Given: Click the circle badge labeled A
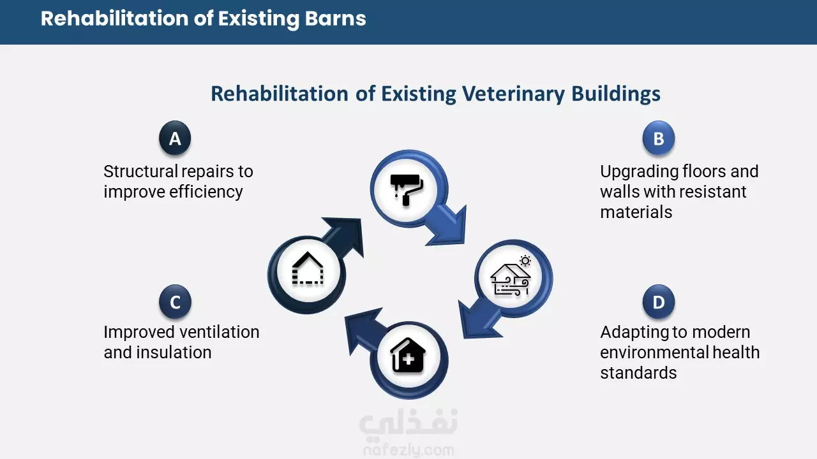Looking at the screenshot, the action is click(175, 138).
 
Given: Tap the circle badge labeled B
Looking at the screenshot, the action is click(659, 138).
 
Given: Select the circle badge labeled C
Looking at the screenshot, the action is click(175, 302).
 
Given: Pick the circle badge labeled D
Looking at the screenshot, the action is click(659, 302).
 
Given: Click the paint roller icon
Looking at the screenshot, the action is click(407, 190).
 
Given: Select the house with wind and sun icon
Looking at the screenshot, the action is click(511, 276).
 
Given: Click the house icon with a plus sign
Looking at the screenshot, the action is click(408, 356).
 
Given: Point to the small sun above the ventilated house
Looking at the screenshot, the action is click(525, 261).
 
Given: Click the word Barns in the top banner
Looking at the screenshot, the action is click(335, 18).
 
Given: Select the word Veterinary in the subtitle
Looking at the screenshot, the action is click(514, 94).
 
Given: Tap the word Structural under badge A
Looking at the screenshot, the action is click(140, 171).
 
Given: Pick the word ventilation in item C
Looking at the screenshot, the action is click(220, 332).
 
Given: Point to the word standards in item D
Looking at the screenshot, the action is click(639, 373).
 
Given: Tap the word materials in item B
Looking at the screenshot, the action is click(636, 212).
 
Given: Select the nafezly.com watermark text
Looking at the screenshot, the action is click(408, 451).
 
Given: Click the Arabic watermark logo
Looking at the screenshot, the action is click(408, 423).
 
